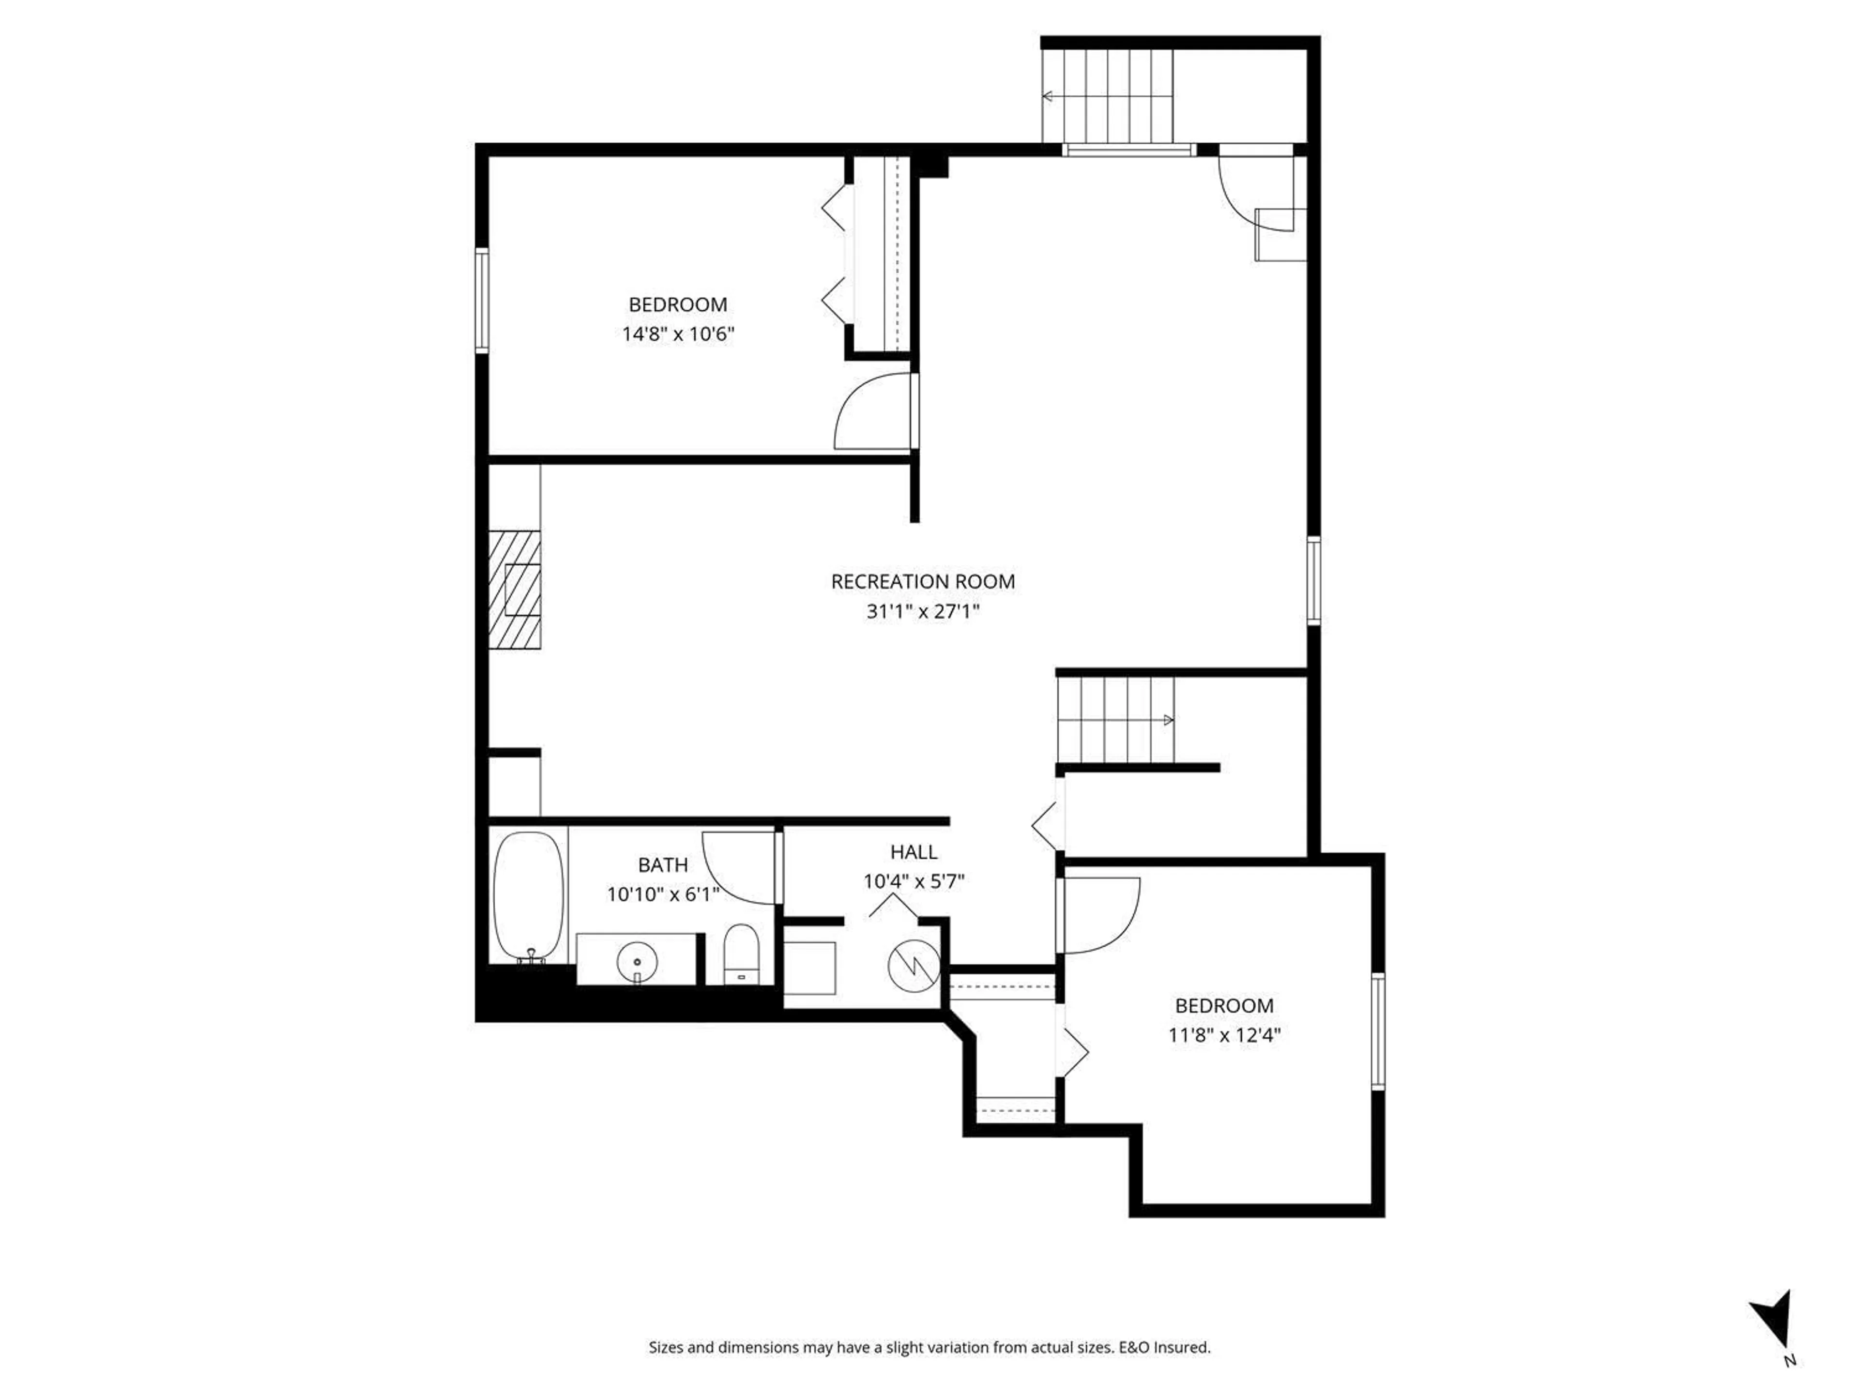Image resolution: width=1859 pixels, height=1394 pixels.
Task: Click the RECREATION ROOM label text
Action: (x=923, y=581)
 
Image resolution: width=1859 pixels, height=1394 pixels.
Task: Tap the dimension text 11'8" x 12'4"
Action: (x=1224, y=1035)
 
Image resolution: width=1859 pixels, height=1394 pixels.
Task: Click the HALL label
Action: (x=914, y=852)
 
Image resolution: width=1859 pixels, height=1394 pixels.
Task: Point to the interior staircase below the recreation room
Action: (x=1115, y=720)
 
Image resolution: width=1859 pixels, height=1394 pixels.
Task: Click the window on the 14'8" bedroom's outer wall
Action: (x=482, y=300)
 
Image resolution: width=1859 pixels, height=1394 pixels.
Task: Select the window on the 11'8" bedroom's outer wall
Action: (x=1377, y=1032)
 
